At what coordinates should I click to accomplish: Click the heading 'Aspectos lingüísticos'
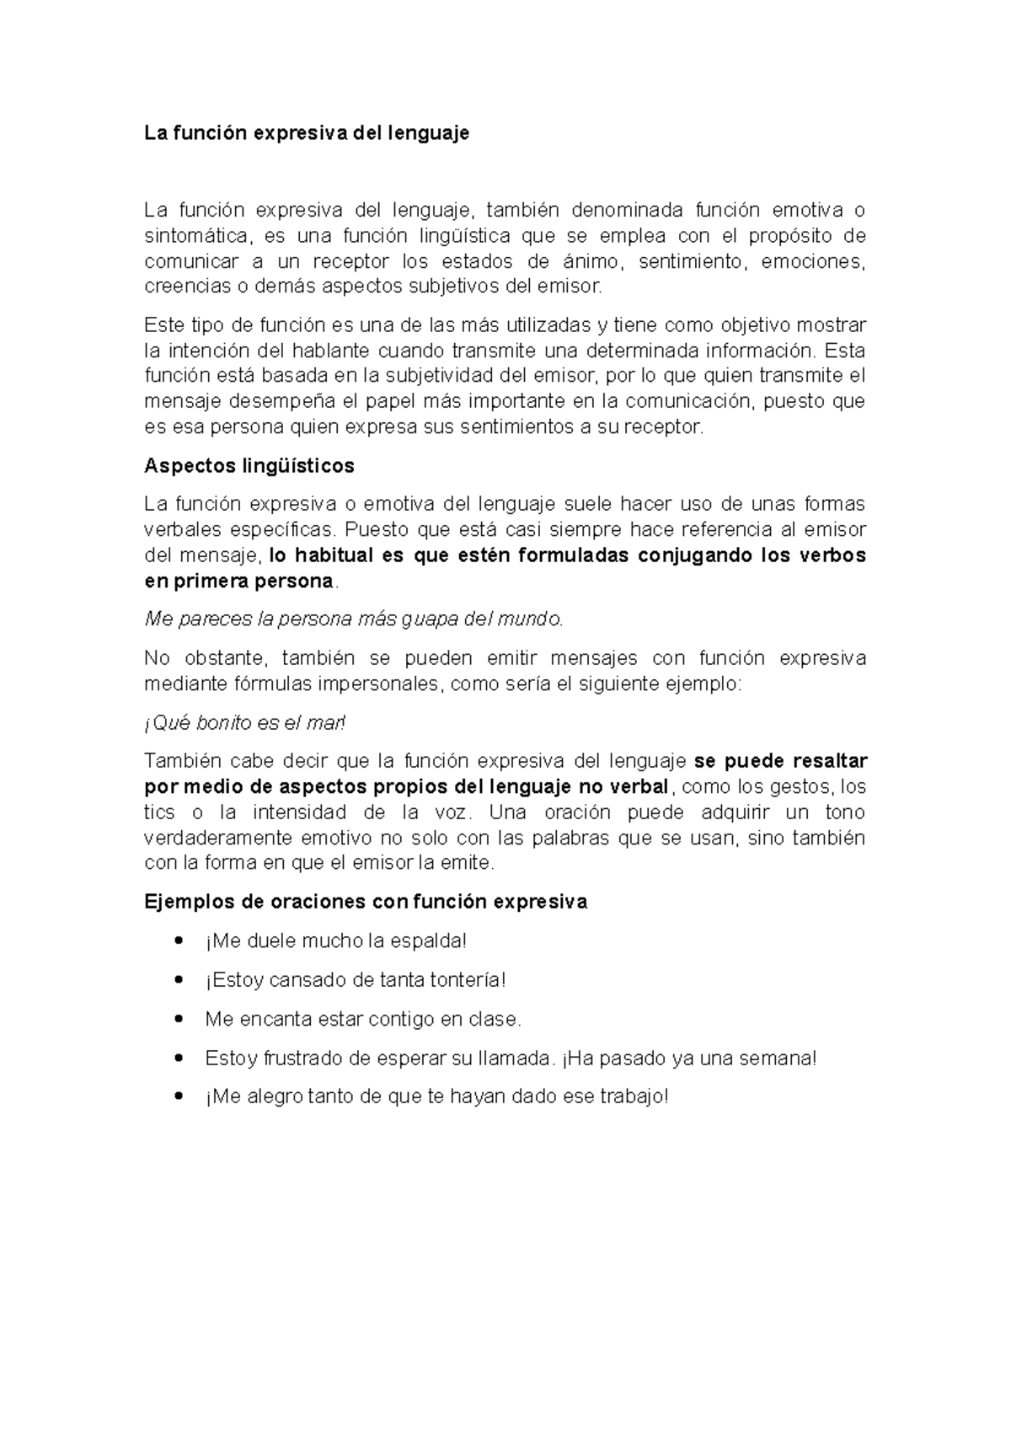coord(249,466)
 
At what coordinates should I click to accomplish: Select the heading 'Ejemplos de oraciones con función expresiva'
coord(366,902)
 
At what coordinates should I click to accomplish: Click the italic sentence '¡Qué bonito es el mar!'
coord(244,723)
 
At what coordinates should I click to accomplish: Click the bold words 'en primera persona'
coord(239,582)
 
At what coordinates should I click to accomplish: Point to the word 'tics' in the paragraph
coord(160,812)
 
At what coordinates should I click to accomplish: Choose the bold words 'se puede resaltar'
coord(780,761)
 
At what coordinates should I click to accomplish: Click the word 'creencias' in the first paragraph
coord(185,287)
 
